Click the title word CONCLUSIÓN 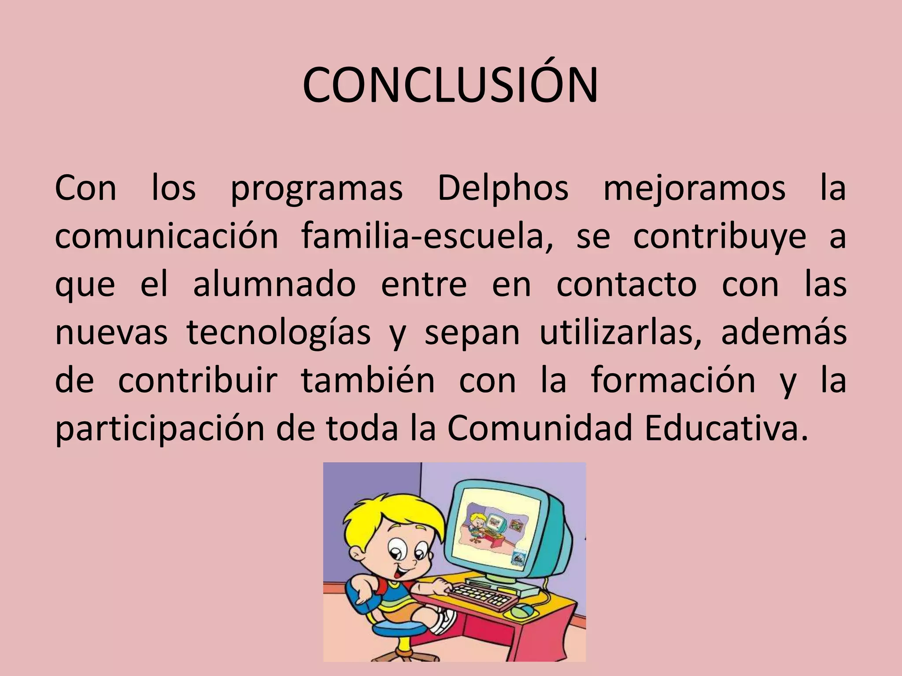pyautogui.click(x=450, y=85)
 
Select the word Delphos pyautogui.click(x=503, y=189)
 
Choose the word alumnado pyautogui.click(x=274, y=285)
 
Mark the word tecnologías pyautogui.click(x=279, y=334)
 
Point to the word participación pyautogui.click(x=159, y=429)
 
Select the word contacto pyautogui.click(x=626, y=285)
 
